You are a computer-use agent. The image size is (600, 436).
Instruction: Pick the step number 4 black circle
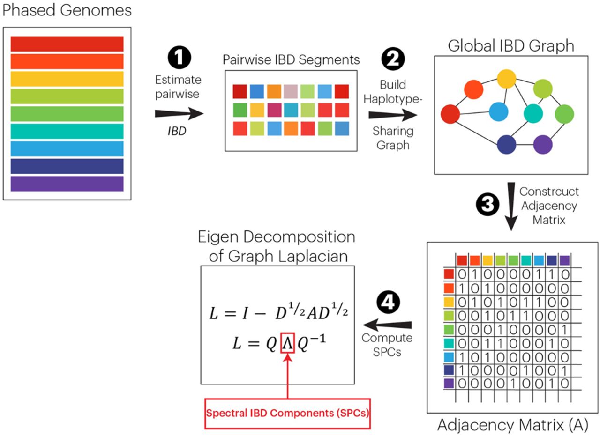[387, 303]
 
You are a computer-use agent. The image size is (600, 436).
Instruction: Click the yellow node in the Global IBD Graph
[506, 79]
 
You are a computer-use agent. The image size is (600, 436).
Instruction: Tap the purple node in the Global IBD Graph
[543, 144]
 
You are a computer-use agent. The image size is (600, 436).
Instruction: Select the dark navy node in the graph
[507, 144]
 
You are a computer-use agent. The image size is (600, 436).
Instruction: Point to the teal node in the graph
[532, 112]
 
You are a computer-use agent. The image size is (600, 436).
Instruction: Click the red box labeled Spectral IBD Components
[287, 414]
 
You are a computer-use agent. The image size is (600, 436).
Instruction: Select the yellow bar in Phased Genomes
[67, 79]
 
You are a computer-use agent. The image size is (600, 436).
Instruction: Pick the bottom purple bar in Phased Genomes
[67, 184]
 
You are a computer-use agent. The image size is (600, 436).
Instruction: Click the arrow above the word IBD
[179, 114]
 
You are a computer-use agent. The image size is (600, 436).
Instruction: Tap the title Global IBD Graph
[511, 46]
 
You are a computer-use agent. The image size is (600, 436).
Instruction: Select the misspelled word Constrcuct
[548, 192]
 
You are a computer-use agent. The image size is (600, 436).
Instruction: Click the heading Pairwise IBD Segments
[291, 60]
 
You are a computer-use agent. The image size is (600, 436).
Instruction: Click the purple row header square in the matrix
[449, 383]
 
